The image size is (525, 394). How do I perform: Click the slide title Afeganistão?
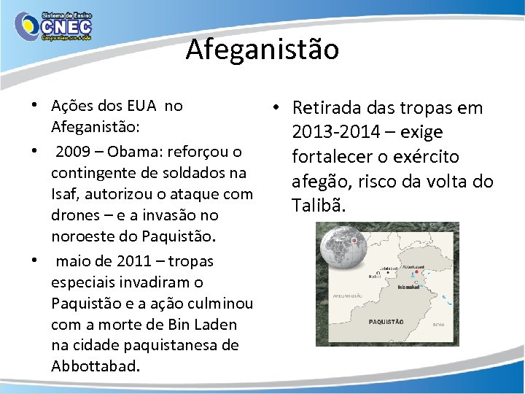(x=262, y=50)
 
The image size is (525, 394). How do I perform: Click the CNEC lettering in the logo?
(x=67, y=23)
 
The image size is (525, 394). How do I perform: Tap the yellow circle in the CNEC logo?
(x=28, y=26)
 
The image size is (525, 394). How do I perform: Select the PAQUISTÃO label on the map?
(x=386, y=321)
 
